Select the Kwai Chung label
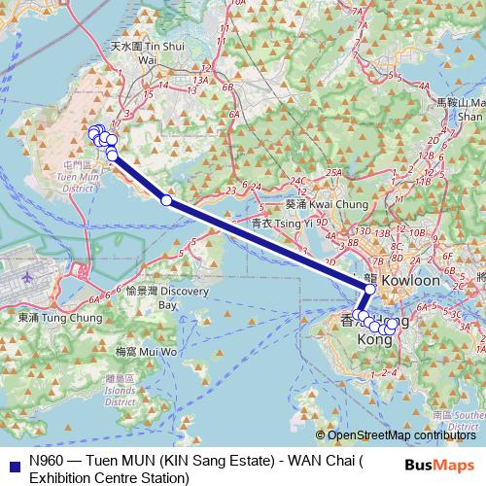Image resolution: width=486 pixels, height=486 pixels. [314, 205]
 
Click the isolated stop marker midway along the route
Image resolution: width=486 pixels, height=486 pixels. [166, 200]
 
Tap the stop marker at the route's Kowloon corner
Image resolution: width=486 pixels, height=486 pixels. [370, 289]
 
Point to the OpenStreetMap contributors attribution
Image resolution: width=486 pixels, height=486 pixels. [400, 436]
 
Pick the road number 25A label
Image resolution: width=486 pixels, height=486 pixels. [333, 173]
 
